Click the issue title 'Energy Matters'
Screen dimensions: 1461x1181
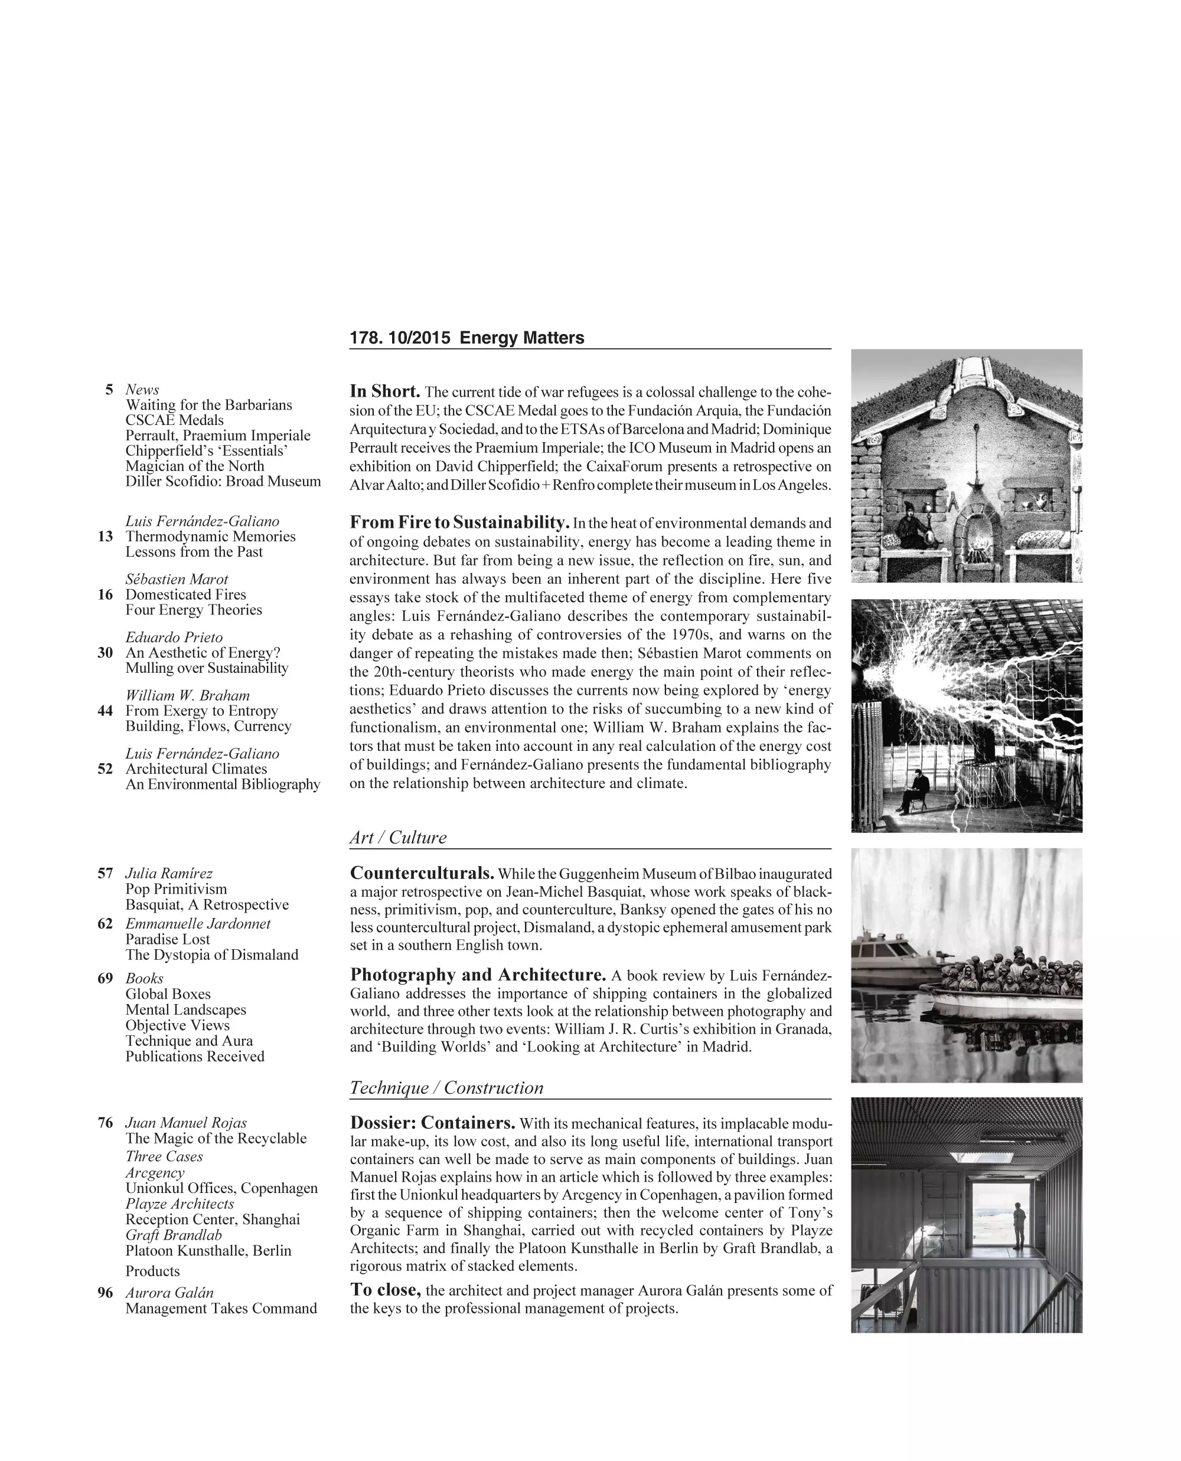coord(522,338)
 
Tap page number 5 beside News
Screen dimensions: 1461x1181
coord(109,390)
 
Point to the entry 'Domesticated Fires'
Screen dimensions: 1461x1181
coord(186,594)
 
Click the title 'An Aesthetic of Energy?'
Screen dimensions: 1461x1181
coord(203,653)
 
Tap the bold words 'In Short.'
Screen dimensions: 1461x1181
coord(384,392)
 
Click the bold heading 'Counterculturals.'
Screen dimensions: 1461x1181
coord(422,873)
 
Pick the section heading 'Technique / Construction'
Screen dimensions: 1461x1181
coord(446,1087)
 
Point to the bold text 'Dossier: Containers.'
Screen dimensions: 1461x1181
coord(432,1123)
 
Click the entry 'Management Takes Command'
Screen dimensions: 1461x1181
coord(221,1308)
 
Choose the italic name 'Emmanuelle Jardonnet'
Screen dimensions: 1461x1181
coord(197,924)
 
